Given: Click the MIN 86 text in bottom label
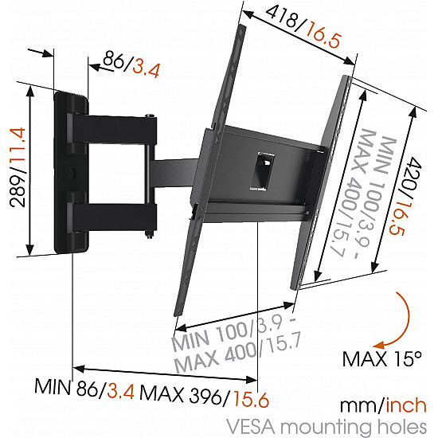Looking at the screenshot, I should (x=65, y=388).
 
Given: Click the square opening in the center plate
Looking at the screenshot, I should (x=262, y=167).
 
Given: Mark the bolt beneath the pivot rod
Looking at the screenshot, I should (x=149, y=233).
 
